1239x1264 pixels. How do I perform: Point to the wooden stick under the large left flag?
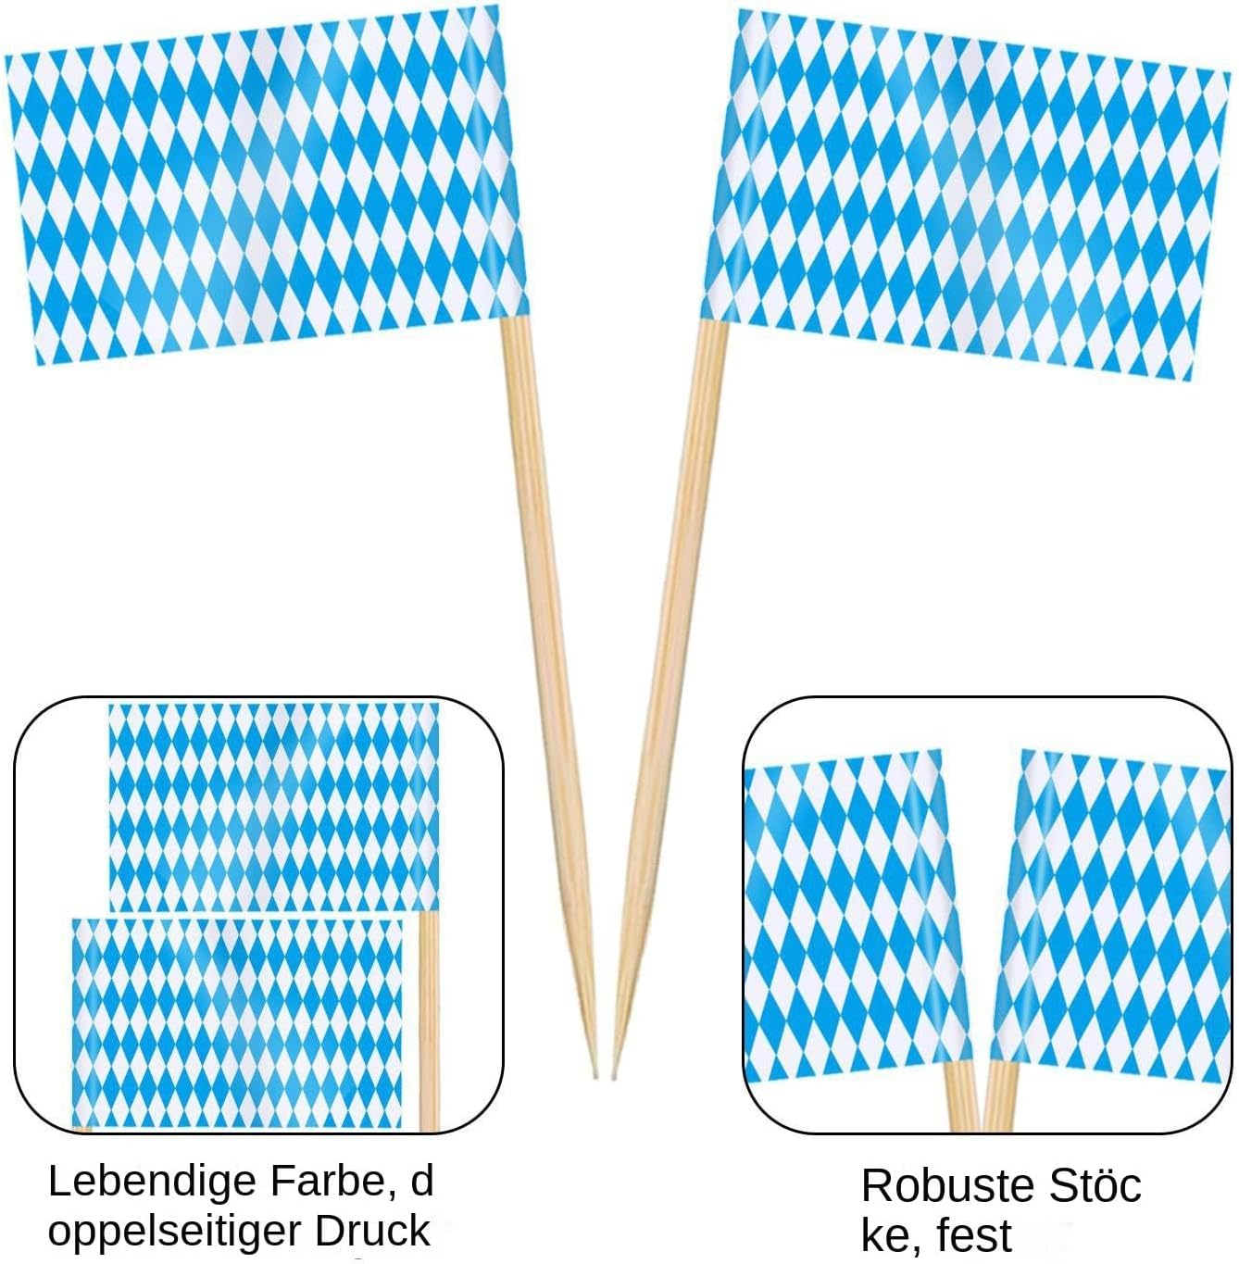(x=542, y=648)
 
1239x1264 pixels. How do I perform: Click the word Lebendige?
(x=152, y=1183)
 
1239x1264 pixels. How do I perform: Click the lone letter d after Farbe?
(x=422, y=1183)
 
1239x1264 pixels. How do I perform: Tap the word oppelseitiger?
(x=174, y=1233)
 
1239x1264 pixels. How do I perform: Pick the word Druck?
(x=372, y=1233)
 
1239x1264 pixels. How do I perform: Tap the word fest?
(x=973, y=1236)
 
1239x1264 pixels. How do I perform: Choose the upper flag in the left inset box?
(x=273, y=806)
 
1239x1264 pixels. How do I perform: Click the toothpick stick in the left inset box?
(x=428, y=1019)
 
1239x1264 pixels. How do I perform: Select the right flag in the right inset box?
(x=1111, y=917)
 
